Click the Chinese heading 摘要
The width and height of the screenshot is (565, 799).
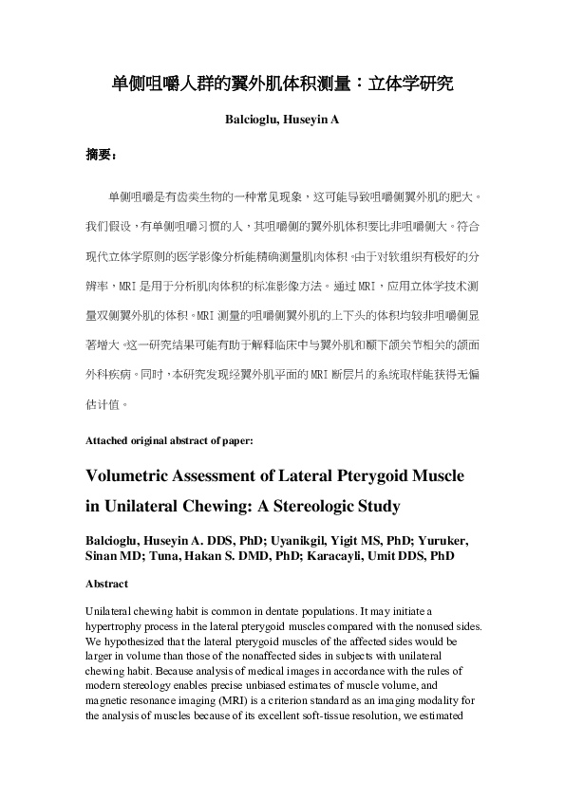(x=100, y=155)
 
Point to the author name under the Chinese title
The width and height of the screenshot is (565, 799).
(x=282, y=121)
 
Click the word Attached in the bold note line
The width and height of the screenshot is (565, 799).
(x=104, y=440)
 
